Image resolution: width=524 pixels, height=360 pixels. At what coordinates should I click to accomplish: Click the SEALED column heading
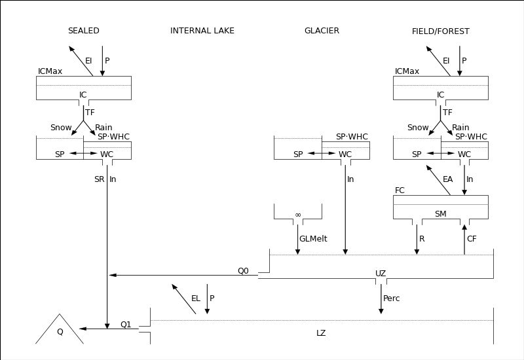[84, 31]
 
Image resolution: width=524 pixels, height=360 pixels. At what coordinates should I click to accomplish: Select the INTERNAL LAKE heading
[202, 31]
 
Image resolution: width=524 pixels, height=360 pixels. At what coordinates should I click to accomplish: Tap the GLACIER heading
[322, 31]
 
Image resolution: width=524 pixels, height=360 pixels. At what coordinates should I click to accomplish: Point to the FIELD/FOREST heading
[440, 31]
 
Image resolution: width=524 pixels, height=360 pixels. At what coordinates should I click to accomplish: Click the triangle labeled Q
[60, 329]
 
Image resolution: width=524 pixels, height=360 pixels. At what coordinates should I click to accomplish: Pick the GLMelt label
[313, 239]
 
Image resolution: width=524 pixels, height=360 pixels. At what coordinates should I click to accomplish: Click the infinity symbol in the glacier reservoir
[298, 215]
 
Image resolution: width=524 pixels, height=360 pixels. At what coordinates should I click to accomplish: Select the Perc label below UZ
[391, 298]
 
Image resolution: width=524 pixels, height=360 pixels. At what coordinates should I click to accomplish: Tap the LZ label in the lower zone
[321, 333]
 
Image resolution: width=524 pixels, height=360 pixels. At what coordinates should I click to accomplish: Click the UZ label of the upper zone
[381, 274]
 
